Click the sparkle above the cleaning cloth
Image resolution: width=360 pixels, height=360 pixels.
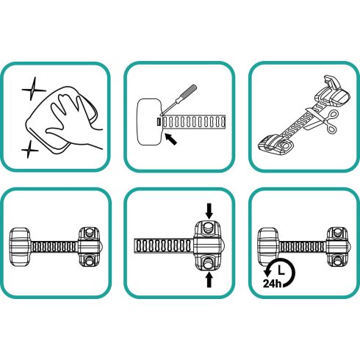coord(33,89)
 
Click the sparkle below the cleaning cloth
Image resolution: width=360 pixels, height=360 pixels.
coord(29,149)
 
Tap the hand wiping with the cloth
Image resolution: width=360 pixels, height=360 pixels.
coord(73,120)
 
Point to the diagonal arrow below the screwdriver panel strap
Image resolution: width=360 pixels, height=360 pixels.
coord(170,139)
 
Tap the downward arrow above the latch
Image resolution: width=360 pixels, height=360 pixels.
coord(209,211)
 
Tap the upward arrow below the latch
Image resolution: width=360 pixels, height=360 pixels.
coord(209,280)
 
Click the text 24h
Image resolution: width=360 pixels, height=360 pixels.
coord(272,284)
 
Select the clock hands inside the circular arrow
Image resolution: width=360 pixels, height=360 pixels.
coord(281,270)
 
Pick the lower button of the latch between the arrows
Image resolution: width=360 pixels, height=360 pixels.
coord(209,263)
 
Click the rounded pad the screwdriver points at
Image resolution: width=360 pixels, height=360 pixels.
coord(149,122)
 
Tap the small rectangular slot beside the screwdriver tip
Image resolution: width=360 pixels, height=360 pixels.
coord(159,122)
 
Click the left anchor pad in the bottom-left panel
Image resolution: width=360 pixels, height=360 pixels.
coord(20,246)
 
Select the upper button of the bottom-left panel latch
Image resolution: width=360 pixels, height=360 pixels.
coord(89,231)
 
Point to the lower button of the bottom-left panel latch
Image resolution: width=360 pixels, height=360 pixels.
coord(89,260)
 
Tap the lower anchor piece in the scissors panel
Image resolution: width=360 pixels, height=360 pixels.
coord(276,146)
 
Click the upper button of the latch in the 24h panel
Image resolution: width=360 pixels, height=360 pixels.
coord(338,231)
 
